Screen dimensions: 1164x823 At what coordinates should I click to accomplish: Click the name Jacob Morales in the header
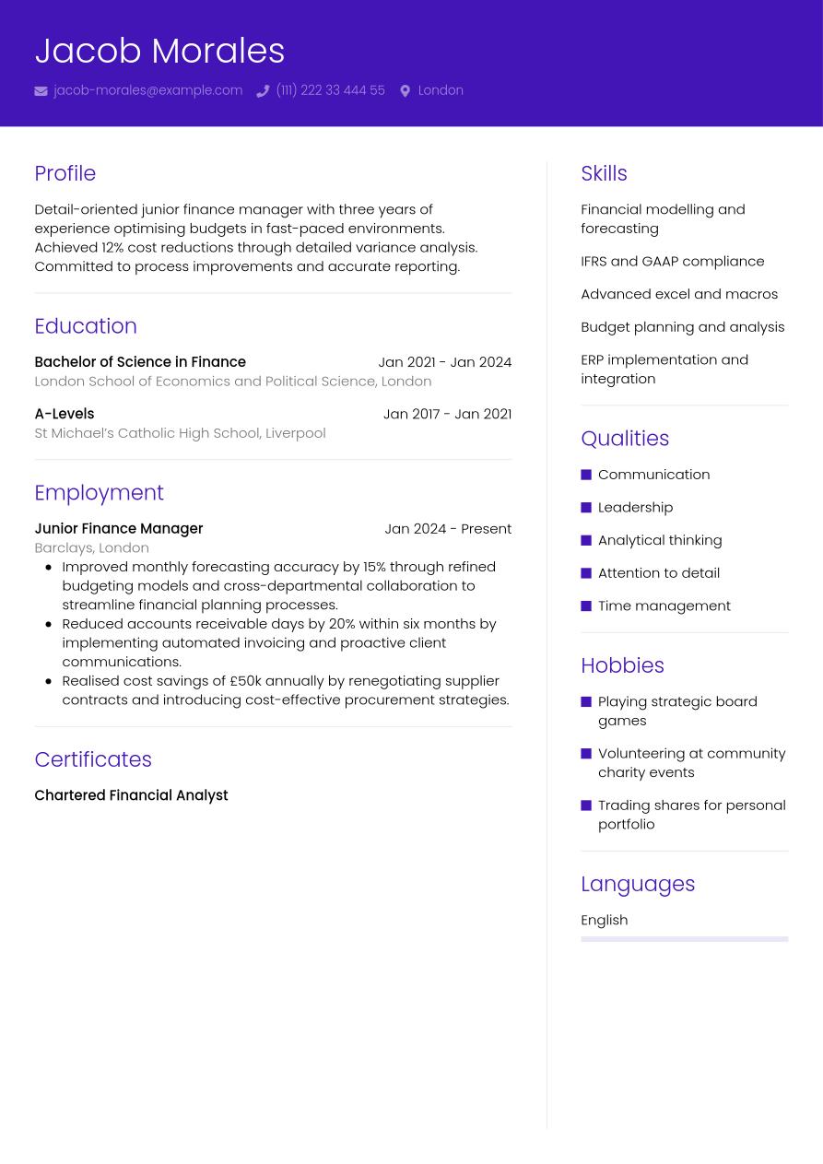tap(159, 51)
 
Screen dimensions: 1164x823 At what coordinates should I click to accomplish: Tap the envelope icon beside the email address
tap(41, 91)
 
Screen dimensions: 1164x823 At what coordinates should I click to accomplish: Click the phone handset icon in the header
tap(263, 91)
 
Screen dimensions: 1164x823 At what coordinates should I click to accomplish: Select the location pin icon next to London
tap(405, 91)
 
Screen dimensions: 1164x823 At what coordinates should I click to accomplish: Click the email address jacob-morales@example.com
tap(147, 90)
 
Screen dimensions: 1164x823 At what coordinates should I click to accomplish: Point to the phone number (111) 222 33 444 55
tap(330, 90)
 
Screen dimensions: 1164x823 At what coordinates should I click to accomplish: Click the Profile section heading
tap(65, 173)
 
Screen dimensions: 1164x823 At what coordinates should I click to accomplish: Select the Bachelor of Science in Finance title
tap(140, 362)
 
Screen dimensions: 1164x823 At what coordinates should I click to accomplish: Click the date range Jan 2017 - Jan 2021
tap(447, 414)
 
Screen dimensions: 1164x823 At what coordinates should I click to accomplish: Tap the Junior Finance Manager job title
tap(118, 529)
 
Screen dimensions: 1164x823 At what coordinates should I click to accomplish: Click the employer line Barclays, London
tap(91, 547)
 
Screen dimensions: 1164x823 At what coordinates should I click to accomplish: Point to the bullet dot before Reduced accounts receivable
tap(48, 624)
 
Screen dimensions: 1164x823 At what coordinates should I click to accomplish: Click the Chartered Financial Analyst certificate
tap(131, 795)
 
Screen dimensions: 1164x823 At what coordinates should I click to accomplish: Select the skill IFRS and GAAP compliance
tap(672, 261)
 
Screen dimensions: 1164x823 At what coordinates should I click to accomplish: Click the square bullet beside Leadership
tap(586, 508)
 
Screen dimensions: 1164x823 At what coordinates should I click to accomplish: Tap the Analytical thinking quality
tap(660, 540)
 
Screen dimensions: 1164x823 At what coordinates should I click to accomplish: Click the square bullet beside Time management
tap(586, 606)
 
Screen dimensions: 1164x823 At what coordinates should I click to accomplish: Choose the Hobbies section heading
tap(622, 665)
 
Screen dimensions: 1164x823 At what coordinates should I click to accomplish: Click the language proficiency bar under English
tap(684, 939)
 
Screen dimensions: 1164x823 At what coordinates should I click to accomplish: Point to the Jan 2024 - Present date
tap(448, 529)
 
